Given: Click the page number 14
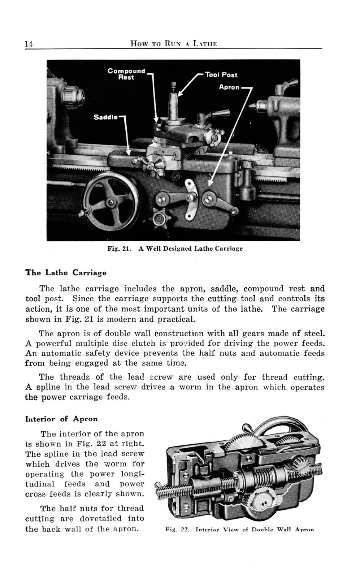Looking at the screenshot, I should coord(29,44).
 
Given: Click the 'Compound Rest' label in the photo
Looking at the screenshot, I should coord(126,74).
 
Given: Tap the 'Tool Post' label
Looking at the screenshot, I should coord(221,75).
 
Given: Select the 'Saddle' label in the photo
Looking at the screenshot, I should coord(105,117).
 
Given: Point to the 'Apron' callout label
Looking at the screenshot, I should coord(229,87).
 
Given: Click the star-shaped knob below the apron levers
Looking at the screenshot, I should coord(158,218).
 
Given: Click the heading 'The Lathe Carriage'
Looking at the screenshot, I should coord(66,273).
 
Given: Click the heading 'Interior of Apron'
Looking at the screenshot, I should coord(61,419).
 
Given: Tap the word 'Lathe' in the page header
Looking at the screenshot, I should coord(205,44).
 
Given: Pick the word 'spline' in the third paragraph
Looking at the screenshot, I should coord(45,387).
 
